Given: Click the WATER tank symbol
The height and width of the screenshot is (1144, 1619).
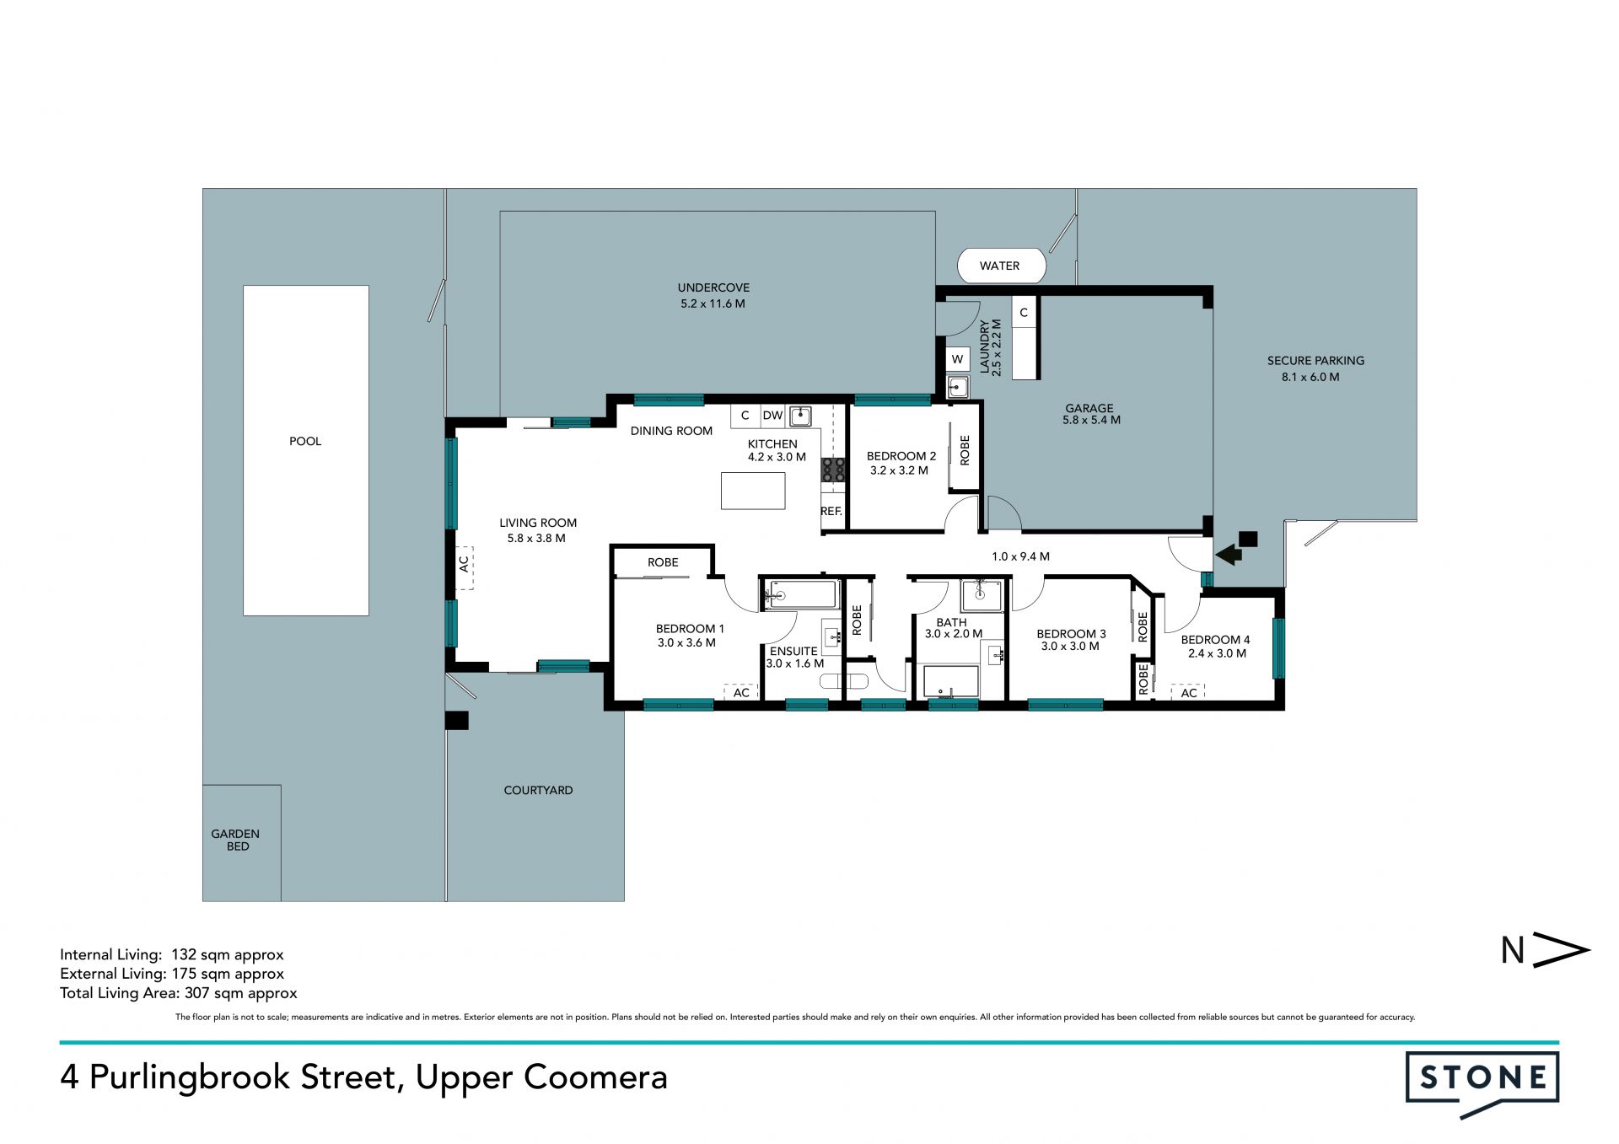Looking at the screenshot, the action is click(x=1001, y=266).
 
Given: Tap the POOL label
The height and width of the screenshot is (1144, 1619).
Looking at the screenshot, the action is click(x=305, y=441).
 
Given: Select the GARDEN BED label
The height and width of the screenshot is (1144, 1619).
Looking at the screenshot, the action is click(x=235, y=840).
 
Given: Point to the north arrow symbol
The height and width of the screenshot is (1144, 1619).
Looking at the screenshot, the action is click(x=1546, y=950).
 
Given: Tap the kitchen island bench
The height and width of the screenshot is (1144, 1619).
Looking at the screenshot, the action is click(x=753, y=491).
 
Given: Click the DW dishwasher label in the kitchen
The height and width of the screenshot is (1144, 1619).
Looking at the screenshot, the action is click(x=773, y=415).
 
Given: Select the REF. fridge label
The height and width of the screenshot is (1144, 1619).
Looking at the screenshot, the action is click(x=831, y=511).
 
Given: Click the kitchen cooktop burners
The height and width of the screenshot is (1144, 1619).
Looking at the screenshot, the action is click(x=833, y=470).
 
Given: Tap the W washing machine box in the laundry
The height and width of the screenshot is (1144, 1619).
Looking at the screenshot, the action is click(x=957, y=359).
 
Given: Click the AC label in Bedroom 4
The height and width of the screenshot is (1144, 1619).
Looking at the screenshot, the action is click(x=1189, y=693).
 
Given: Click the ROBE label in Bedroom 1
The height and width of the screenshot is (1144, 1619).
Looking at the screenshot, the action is click(x=663, y=562).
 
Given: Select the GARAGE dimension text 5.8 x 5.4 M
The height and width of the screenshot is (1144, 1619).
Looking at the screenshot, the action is click(x=1091, y=420).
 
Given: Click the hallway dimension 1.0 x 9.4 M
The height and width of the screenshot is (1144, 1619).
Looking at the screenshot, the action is click(x=1020, y=556).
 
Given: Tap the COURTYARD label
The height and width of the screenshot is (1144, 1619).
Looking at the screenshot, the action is click(x=538, y=790).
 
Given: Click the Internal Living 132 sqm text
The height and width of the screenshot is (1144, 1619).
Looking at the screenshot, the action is click(x=172, y=954).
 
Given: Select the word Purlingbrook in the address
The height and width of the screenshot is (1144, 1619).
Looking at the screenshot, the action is click(x=242, y=1077).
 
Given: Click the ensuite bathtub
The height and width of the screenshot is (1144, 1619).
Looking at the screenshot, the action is click(x=800, y=594).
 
